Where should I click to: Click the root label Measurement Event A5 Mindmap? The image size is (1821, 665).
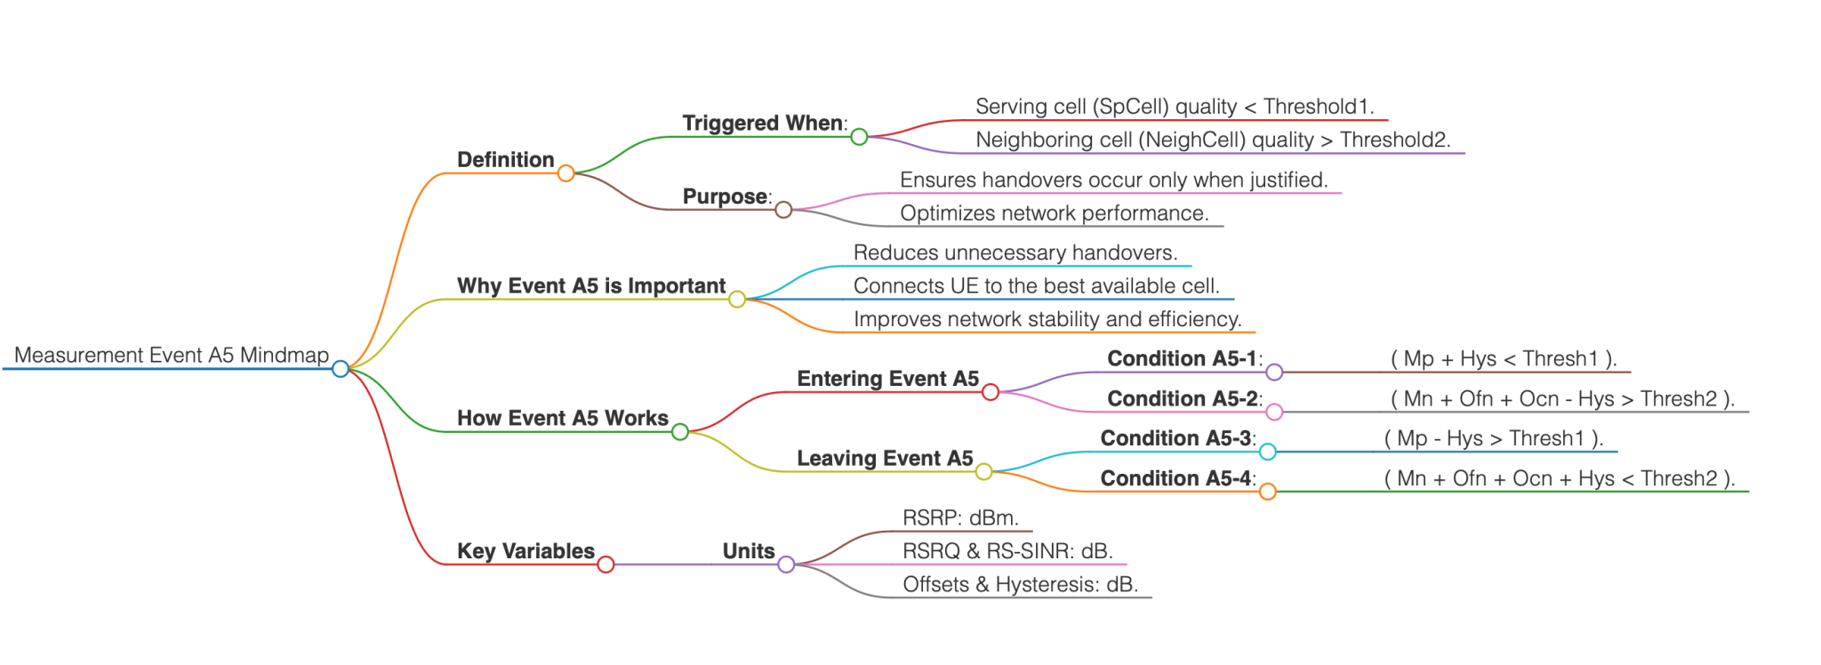(x=172, y=356)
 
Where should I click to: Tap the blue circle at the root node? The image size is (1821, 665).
(x=340, y=368)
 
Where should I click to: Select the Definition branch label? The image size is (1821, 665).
(x=505, y=160)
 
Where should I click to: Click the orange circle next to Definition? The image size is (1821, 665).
(x=566, y=173)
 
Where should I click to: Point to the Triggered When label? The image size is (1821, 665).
(x=763, y=123)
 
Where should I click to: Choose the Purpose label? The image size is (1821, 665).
(x=725, y=196)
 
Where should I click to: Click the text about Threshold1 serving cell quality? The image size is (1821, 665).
(x=1174, y=107)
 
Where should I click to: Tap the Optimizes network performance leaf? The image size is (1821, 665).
(x=1054, y=213)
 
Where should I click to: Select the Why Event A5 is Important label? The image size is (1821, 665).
(x=590, y=286)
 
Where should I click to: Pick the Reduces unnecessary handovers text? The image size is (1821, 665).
(x=1015, y=252)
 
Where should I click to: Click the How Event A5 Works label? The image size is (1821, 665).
(x=562, y=418)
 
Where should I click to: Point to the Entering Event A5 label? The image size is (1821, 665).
(x=887, y=379)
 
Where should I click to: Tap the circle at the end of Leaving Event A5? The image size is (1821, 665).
(x=983, y=471)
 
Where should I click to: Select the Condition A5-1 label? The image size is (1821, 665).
(x=1182, y=358)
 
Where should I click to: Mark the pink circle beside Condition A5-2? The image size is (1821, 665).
(x=1274, y=412)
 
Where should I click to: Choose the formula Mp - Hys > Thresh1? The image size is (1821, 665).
(x=1494, y=438)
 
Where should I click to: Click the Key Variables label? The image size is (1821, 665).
(x=525, y=551)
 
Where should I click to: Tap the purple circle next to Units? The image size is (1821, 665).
(x=786, y=565)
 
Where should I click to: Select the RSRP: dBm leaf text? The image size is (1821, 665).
(x=960, y=518)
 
